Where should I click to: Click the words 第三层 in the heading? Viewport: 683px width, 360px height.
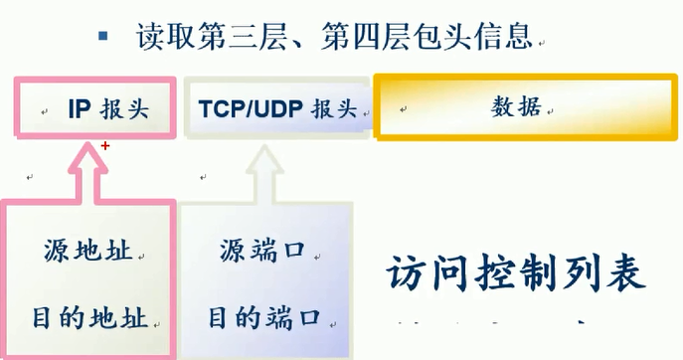pyautogui.click(x=255, y=39)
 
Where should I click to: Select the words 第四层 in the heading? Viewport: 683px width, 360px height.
pyautogui.click(x=360, y=39)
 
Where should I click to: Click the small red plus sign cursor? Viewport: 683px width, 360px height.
pyautogui.click(x=105, y=145)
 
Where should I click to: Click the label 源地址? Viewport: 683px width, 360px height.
pyautogui.click(x=89, y=249)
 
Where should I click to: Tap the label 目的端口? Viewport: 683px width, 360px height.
pyautogui.click(x=264, y=318)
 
